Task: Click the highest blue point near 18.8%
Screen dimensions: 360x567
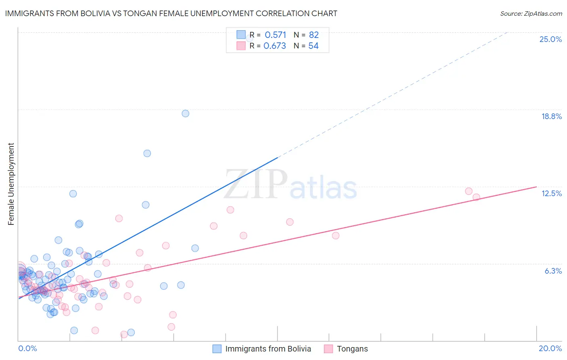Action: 186,113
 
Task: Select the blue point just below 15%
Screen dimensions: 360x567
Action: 147,153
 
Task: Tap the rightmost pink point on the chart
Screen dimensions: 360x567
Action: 476,197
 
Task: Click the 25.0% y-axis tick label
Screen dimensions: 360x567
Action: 550,39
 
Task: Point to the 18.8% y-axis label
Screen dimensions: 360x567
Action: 551,116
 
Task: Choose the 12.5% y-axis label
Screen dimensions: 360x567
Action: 551,193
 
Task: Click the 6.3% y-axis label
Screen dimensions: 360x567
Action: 553,271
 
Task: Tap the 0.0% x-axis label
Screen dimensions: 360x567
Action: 27,348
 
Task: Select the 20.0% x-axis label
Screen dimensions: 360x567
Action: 550,348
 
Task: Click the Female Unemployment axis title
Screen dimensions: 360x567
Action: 11,184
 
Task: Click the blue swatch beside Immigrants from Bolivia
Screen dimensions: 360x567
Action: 217,349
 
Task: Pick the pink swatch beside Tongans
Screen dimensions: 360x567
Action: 329,349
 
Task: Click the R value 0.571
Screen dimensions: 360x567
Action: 275,35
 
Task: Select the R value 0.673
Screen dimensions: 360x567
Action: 275,46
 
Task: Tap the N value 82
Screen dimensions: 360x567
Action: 314,35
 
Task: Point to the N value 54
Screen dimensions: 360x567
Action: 313,46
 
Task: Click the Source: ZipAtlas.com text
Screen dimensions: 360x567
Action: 531,14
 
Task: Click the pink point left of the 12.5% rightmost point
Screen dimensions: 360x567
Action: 469,191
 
